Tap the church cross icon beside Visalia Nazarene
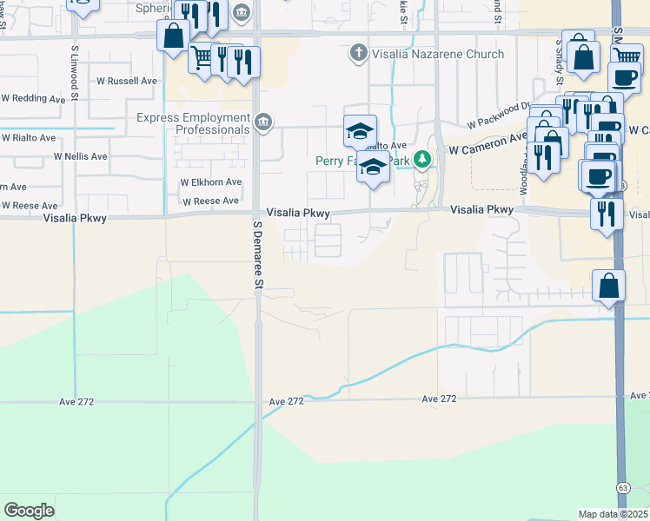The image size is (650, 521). [357, 54]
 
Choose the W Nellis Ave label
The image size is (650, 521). [80, 156]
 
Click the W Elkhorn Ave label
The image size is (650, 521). [210, 182]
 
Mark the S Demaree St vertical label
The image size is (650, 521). [257, 254]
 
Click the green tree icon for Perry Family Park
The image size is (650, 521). [422, 159]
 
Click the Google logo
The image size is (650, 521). [29, 511]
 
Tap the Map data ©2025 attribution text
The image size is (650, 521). [614, 514]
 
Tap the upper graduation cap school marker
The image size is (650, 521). [360, 130]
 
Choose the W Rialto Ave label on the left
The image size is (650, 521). [29, 137]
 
